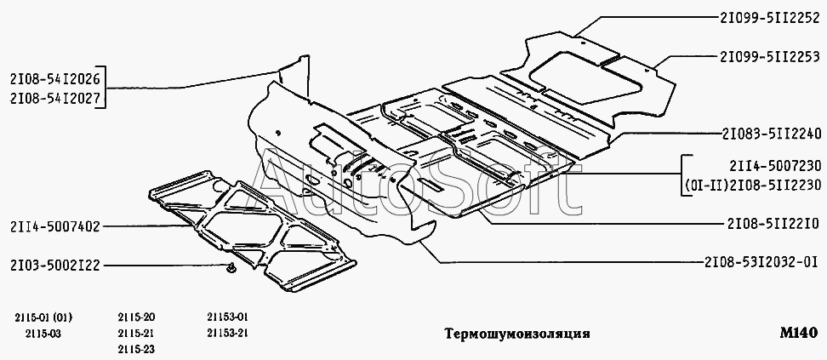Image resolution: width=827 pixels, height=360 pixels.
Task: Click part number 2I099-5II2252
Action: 768,16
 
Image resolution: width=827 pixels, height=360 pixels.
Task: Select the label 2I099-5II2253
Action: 768,57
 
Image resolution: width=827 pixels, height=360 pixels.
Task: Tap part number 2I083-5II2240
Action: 768,133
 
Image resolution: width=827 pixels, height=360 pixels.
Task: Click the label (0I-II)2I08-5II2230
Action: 753,186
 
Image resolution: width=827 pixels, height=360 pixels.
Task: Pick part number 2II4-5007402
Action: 56,226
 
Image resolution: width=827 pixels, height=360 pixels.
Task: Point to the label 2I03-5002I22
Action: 56,266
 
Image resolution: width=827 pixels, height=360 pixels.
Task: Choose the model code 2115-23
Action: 135,348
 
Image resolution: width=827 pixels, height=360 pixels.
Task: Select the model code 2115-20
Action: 135,316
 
